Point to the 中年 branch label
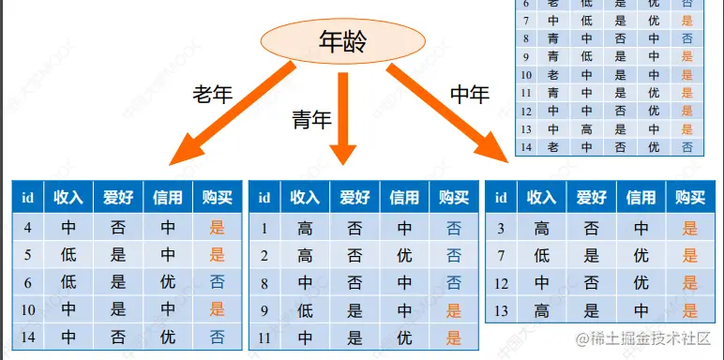pyautogui.click(x=471, y=94)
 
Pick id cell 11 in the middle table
pyautogui.click(x=265, y=337)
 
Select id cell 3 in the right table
pyautogui.click(x=501, y=227)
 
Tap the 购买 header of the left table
pyautogui.click(x=218, y=198)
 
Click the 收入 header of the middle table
pyautogui.click(x=305, y=198)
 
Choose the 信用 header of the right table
pyautogui.click(x=641, y=198)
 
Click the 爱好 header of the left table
pyautogui.click(x=118, y=198)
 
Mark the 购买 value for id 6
pyautogui.click(x=218, y=281)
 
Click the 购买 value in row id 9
pyautogui.click(x=454, y=310)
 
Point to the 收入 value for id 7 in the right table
pyautogui.click(x=541, y=255)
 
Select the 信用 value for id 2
pyautogui.click(x=404, y=255)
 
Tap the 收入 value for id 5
pyautogui.click(x=68, y=254)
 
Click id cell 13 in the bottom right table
pyautogui.click(x=501, y=310)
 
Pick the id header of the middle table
pyautogui.click(x=265, y=198)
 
